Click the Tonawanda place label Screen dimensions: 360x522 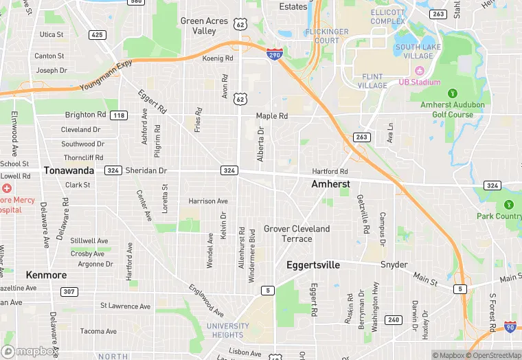pyautogui.click(x=69, y=170)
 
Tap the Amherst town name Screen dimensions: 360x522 pyautogui.click(x=330, y=184)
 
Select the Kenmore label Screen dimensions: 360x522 pyautogui.click(x=46, y=275)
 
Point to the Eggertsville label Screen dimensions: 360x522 pyautogui.click(x=313, y=265)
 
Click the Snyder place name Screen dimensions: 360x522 pyautogui.click(x=394, y=265)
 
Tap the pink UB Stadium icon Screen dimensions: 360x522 pyautogui.click(x=418, y=70)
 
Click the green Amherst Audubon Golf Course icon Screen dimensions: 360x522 pyautogui.click(x=452, y=93)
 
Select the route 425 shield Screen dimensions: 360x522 pyautogui.click(x=98, y=34)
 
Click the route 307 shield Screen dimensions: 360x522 pyautogui.click(x=69, y=292)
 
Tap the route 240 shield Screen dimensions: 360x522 pyautogui.click(x=393, y=319)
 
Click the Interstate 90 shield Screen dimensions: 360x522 pyautogui.click(x=510, y=328)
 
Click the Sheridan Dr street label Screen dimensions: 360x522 pyautogui.click(x=146, y=170)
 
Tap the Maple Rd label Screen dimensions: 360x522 pyautogui.click(x=271, y=116)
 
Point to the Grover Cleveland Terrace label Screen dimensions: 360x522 pyautogui.click(x=297, y=234)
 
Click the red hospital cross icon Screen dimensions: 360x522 pyautogui.click(x=7, y=188)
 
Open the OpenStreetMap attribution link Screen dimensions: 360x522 pyautogui.click(x=492, y=355)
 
